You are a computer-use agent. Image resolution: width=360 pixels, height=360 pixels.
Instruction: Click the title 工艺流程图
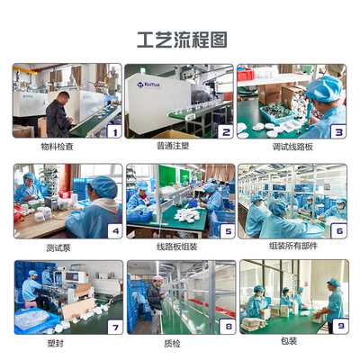[x=181, y=40]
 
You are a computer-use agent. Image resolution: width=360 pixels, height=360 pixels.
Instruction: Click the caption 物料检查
[x=67, y=145]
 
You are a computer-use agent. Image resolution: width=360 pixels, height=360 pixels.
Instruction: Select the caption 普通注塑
[x=180, y=145]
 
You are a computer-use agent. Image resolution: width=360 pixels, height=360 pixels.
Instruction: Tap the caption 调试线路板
[x=292, y=145]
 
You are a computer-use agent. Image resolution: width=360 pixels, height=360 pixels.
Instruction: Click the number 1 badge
[x=113, y=131]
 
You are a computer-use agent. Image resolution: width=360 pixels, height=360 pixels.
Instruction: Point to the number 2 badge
[x=225, y=131]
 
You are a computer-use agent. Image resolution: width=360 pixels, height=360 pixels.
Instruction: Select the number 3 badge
[x=337, y=131]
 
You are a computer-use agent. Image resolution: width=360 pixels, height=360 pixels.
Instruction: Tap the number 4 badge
[x=113, y=230]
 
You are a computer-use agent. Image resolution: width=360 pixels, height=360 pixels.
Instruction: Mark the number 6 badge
[x=337, y=230]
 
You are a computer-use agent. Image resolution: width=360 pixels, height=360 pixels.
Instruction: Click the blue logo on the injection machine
[x=148, y=86]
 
